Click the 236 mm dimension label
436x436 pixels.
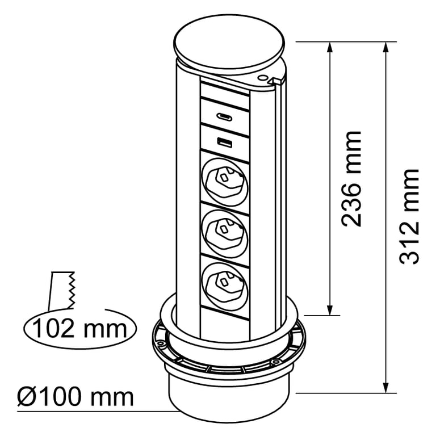coord(351,178)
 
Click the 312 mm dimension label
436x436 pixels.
coord(409,216)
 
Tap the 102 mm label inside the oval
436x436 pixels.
coord(80,328)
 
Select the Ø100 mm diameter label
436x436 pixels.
coord(76,396)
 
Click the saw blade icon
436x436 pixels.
coord(62,290)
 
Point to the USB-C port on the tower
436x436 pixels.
coord(224,116)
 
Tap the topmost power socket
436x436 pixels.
coord(224,182)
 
